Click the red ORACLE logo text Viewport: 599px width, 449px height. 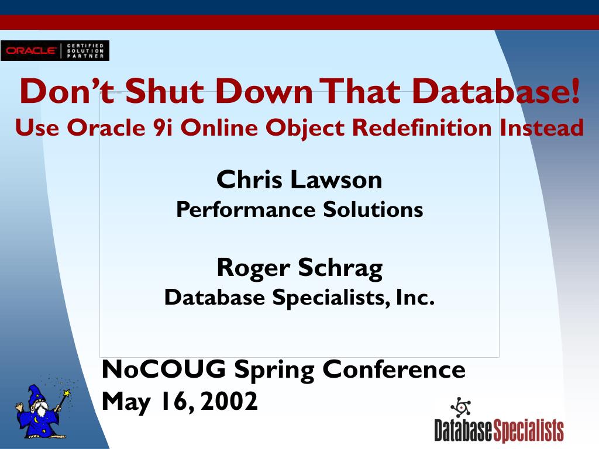pyautogui.click(x=32, y=50)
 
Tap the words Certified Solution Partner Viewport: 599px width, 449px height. pyautogui.click(x=85, y=51)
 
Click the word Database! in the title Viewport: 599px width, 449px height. pyautogui.click(x=496, y=91)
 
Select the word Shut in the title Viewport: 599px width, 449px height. pyautogui.click(x=164, y=91)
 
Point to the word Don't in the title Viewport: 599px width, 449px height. pyautogui.click(x=67, y=91)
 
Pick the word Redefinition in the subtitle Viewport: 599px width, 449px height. pyautogui.click(x=422, y=127)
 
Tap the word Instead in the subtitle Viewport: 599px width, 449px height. pyautogui.click(x=542, y=127)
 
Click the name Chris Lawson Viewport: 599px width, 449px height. pyautogui.click(x=299, y=179)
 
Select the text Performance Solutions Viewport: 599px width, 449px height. pyautogui.click(x=299, y=209)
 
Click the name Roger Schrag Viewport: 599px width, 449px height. pyautogui.click(x=299, y=268)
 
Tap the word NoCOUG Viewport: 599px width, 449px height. pyautogui.click(x=164, y=369)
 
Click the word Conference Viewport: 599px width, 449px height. pyautogui.click(x=394, y=369)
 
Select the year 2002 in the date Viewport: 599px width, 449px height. pyautogui.click(x=229, y=401)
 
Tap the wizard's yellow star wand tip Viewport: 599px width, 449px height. pyautogui.click(x=67, y=392)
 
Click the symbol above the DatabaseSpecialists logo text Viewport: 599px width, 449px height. pyautogui.click(x=461, y=407)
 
